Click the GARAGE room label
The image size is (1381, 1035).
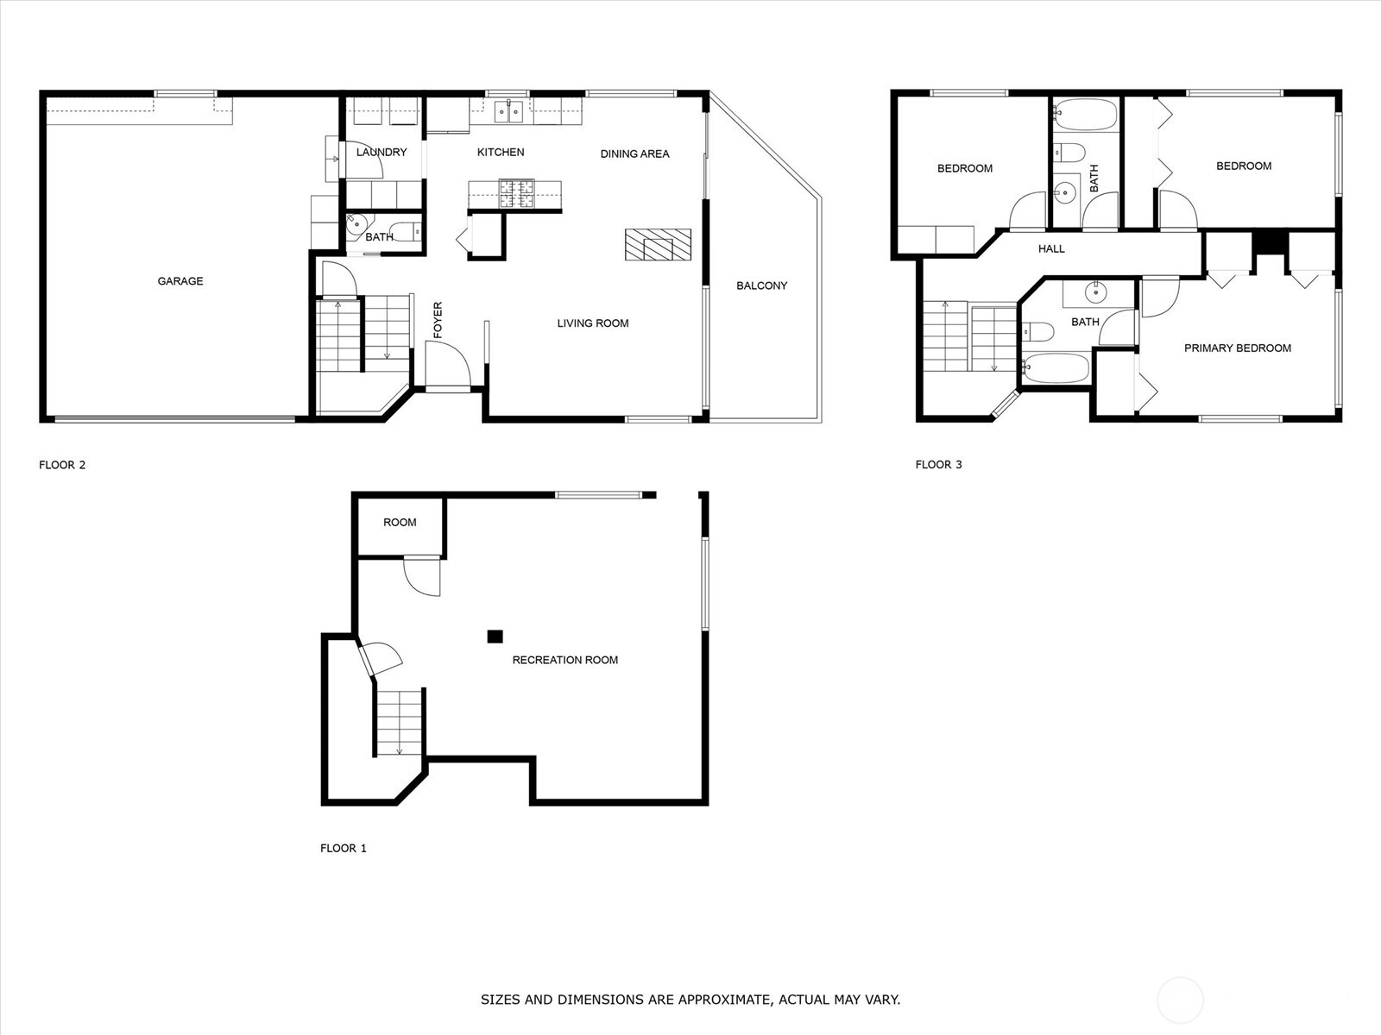pos(180,281)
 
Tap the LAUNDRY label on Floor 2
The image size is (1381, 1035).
pos(382,152)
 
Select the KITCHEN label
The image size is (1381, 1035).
pos(500,152)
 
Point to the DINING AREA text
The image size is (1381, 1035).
pos(634,154)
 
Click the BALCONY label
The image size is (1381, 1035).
pos(761,285)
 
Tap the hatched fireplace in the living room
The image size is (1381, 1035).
pos(658,244)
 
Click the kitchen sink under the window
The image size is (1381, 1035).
pos(508,112)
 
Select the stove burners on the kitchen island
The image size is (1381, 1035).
pos(516,193)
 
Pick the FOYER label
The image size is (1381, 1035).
pos(438,320)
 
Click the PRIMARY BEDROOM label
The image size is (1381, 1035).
pos(1237,348)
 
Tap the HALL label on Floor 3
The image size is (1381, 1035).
pos(1050,249)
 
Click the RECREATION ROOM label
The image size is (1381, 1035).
pos(565,660)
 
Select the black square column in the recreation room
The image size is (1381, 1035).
pos(495,637)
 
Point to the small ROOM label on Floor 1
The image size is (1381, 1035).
pos(400,522)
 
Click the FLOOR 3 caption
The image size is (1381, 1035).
pos(938,464)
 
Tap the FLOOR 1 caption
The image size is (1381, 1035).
pos(343,848)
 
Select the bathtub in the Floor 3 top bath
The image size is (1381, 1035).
pos(1085,115)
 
